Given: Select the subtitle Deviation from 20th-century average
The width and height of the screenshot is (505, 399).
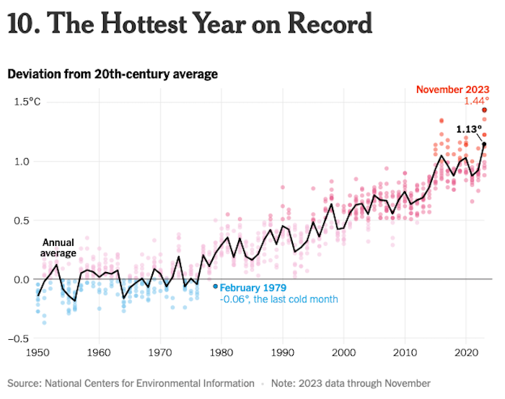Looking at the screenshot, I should [112, 74].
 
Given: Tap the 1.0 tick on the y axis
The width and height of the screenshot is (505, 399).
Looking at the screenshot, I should [22, 161].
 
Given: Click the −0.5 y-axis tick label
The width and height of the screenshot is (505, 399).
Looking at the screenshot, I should [20, 339].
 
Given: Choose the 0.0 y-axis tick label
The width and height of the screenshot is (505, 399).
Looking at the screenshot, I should [22, 279].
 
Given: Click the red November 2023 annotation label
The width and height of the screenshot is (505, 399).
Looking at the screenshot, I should [452, 89].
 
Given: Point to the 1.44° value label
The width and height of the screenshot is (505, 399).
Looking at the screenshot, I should [476, 101].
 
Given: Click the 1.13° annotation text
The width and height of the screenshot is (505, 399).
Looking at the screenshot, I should [469, 130].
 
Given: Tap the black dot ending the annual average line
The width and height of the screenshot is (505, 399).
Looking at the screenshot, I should [484, 144].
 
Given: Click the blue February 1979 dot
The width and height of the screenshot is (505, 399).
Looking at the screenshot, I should [215, 286].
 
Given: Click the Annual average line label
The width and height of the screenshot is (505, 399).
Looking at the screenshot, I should [58, 247].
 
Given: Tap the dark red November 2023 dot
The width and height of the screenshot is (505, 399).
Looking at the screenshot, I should [485, 110].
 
